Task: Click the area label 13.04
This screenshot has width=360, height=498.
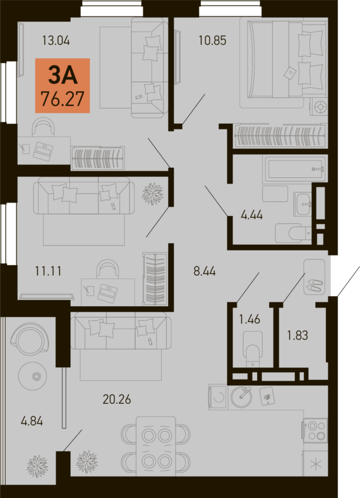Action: coord(56,40)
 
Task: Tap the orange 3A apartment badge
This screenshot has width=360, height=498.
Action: coord(63,86)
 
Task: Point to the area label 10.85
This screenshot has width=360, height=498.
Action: coord(212,40)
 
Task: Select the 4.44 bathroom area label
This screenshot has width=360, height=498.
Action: coord(251,215)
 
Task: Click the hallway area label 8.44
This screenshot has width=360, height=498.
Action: coord(205,271)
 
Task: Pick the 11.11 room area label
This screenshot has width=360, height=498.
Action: coord(48,271)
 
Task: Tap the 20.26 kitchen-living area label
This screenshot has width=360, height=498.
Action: coord(117,400)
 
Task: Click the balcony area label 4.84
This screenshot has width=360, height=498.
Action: coord(32,421)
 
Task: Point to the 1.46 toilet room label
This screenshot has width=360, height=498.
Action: coord(249,319)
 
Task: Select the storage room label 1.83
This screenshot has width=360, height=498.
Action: coord(297,335)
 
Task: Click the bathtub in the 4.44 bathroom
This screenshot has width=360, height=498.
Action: coord(294,169)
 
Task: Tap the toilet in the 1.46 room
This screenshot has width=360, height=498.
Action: coord(253,349)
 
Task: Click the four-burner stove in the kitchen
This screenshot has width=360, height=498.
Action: coord(315,430)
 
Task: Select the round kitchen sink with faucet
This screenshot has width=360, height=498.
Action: coord(241,397)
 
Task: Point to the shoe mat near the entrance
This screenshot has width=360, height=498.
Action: coord(315,277)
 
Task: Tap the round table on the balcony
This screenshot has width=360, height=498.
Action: coord(33,377)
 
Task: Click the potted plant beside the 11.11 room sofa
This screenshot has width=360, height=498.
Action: coord(153,194)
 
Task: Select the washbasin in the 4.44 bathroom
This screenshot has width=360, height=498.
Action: coord(303,204)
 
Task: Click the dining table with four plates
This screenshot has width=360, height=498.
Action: coord(156,446)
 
